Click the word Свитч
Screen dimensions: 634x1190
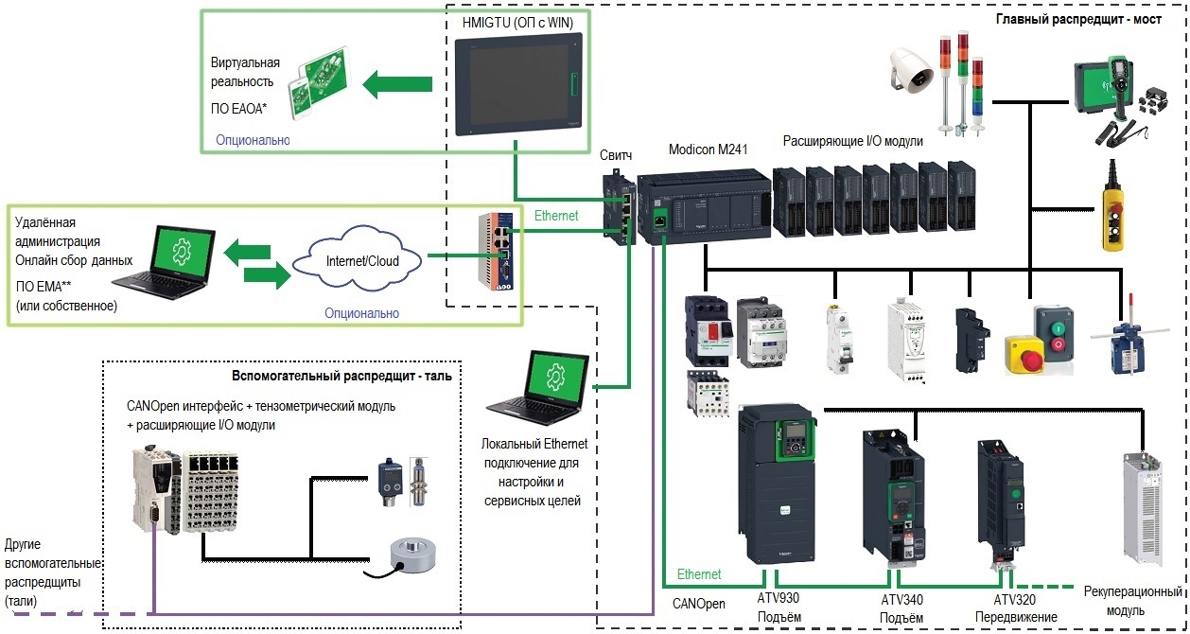tap(617, 153)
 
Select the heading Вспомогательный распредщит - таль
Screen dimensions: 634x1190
tap(341, 376)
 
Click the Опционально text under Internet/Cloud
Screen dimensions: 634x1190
tap(361, 312)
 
